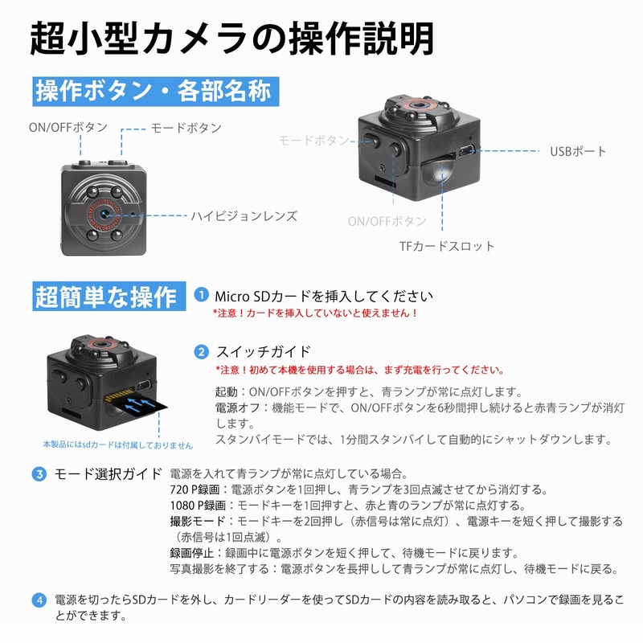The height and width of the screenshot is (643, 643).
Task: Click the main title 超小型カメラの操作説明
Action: point(232,38)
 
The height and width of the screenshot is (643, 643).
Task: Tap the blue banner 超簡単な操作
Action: point(105,297)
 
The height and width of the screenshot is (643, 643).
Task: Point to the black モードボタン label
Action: point(186,128)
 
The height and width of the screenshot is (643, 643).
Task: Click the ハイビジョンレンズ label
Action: point(244,215)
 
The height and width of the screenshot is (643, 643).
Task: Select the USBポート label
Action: point(578,151)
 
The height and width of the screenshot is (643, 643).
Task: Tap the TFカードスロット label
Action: point(447,246)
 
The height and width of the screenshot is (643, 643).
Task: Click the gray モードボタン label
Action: point(314,140)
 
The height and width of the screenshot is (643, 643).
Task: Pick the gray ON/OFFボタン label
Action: point(387,221)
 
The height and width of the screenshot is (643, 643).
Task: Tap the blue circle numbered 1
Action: point(200,295)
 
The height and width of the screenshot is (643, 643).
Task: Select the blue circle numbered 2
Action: point(200,351)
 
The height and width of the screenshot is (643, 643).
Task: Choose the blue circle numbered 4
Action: point(39,600)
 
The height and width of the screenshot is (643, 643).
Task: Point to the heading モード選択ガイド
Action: point(108,473)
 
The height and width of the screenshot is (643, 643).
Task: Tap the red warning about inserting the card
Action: point(315,313)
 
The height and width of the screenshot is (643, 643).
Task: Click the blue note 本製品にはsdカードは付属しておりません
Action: point(118,444)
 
